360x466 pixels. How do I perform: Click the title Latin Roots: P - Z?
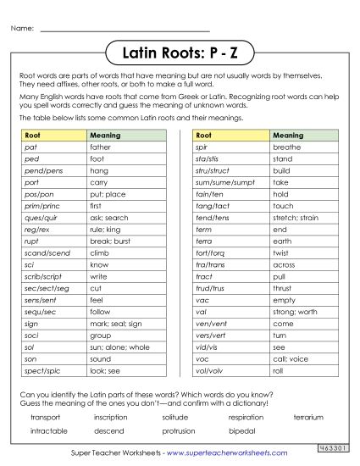tap(179, 53)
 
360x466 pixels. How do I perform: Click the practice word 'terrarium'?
tap(308, 418)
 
